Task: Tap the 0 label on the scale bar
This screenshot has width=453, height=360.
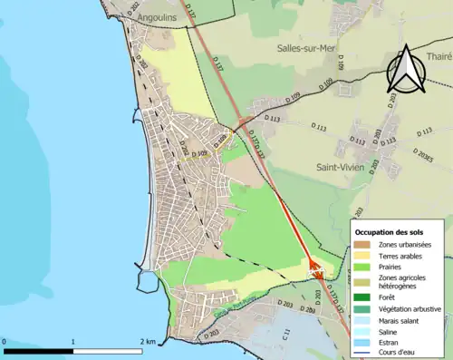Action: click(5, 342)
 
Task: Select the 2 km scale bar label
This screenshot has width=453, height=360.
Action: click(148, 342)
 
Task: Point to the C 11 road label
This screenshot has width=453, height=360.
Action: click(286, 336)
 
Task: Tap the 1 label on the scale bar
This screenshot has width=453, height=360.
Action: click(72, 342)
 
